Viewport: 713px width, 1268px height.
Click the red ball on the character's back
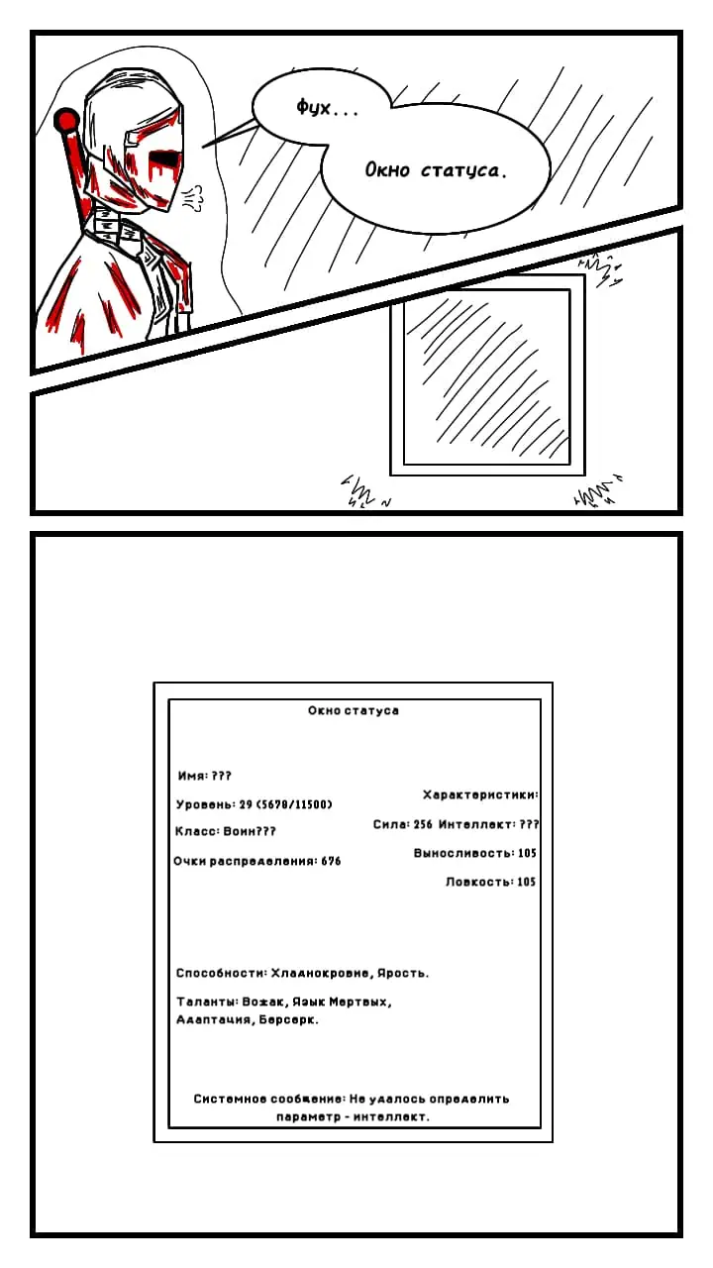coord(66,120)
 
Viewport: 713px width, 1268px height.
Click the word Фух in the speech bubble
coord(314,107)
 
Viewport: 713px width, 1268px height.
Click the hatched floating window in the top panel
coord(487,375)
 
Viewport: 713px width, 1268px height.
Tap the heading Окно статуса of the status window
coord(354,710)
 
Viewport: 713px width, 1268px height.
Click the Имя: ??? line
coord(204,776)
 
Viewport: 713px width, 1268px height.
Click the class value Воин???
coord(250,831)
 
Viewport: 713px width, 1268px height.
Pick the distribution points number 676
coord(331,861)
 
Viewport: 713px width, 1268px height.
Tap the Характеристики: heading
coord(480,794)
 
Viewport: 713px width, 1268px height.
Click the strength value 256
coord(423,824)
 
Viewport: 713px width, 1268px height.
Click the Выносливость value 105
coord(527,853)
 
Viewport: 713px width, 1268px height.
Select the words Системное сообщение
coord(268,1099)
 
